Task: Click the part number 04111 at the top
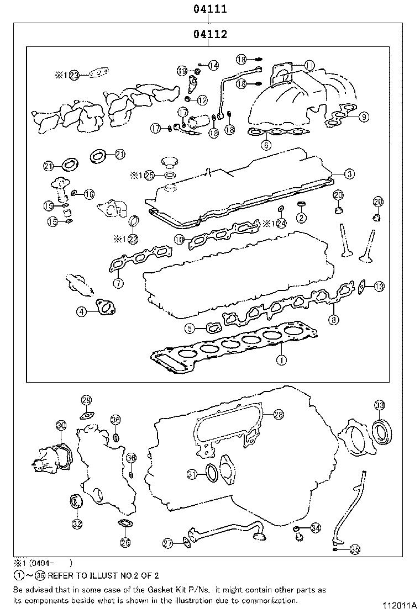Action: point(210,9)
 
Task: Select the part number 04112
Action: point(210,35)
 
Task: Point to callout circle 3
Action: point(349,174)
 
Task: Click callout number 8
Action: point(333,319)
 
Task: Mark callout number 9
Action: point(363,117)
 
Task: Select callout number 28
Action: point(278,414)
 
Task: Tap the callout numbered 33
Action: point(379,405)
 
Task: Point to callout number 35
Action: point(355,549)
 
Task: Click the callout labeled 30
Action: point(61,425)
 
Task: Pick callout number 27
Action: point(168,543)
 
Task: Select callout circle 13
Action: point(379,286)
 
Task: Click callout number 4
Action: point(81,312)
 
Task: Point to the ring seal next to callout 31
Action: point(211,473)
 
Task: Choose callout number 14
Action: point(213,65)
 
